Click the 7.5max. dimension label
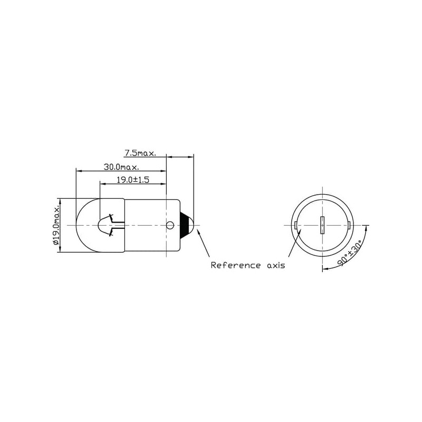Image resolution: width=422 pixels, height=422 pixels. click(140, 153)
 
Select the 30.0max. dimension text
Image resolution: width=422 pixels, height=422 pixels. click(121, 167)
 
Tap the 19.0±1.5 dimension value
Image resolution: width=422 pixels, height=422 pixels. click(133, 179)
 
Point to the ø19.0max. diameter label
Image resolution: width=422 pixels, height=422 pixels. click(56, 226)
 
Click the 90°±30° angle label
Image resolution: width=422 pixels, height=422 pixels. click(350, 253)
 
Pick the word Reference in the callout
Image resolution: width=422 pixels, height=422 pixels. click(236, 265)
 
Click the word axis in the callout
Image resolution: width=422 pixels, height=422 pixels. click(276, 266)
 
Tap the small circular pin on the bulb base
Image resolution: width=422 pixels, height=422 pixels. click(170, 225)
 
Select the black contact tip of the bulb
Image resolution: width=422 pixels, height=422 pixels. click(186, 225)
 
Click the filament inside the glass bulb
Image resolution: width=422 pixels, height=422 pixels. click(111, 225)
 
